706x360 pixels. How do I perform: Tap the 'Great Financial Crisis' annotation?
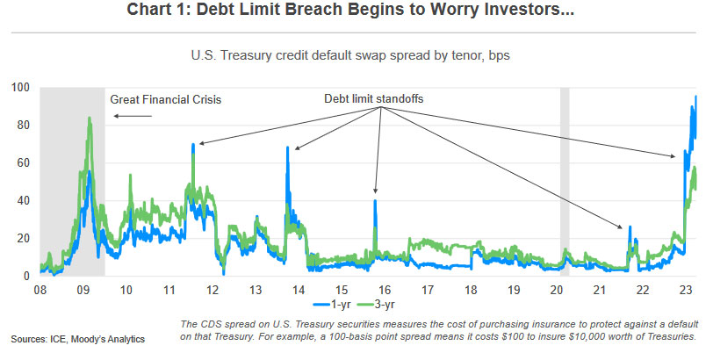click(x=166, y=99)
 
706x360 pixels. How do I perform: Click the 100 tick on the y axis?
click(x=20, y=87)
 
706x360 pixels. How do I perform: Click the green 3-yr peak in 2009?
click(x=90, y=119)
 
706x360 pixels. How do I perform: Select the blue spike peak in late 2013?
click(x=287, y=148)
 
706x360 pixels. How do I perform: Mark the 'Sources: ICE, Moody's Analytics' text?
click(x=77, y=338)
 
